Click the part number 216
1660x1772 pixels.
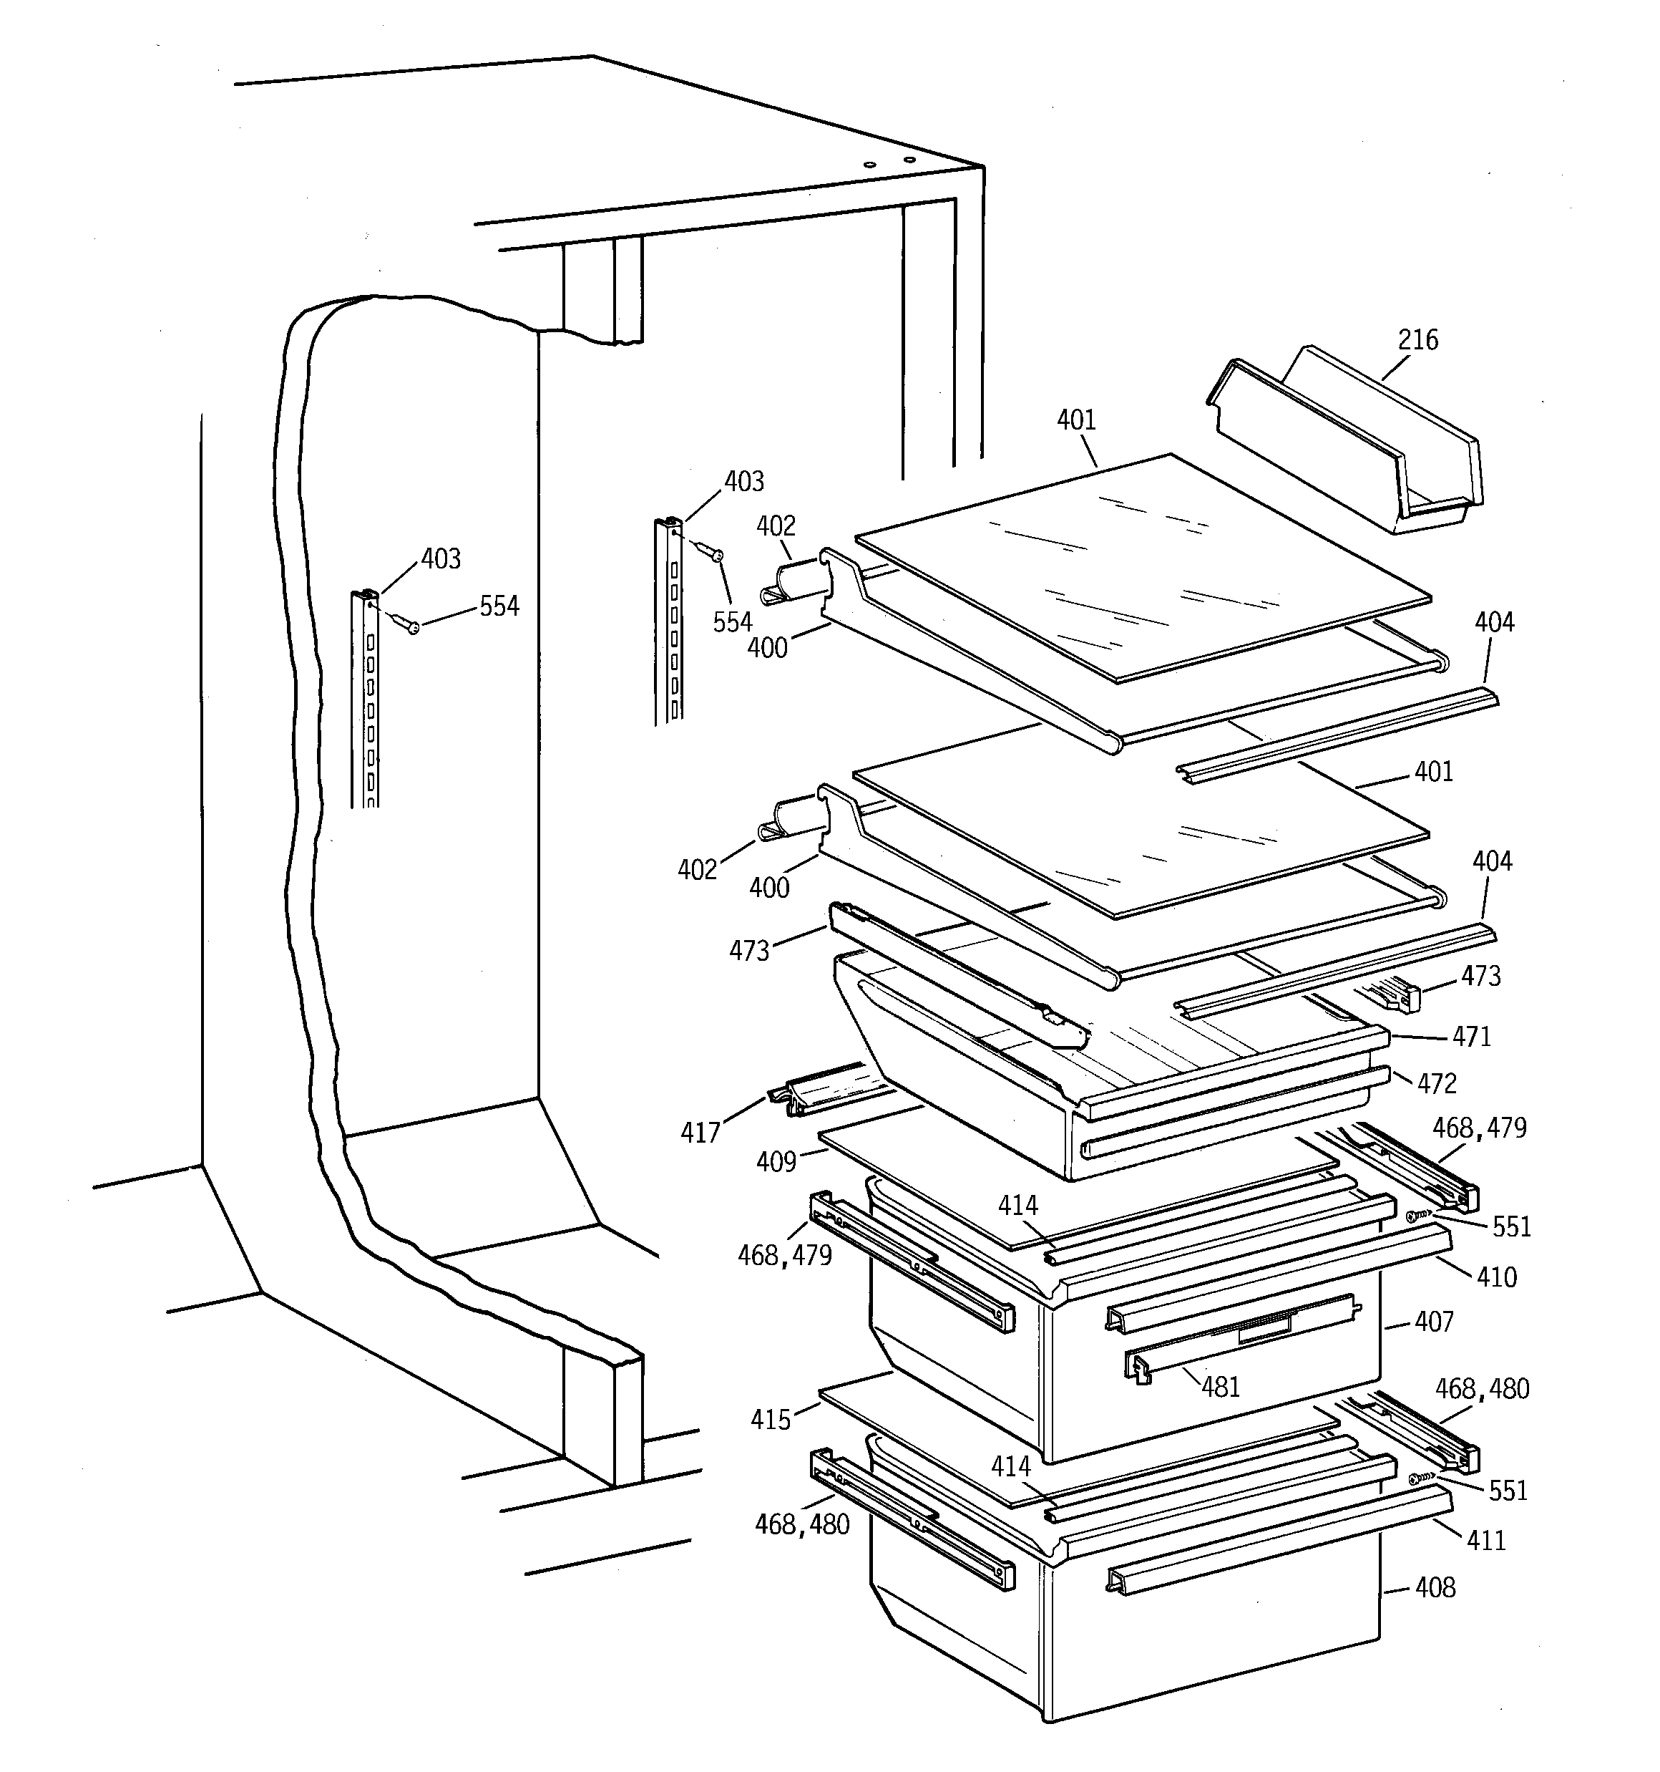(x=1417, y=339)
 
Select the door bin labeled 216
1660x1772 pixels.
(x=1345, y=445)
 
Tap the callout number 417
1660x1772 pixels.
(x=700, y=1133)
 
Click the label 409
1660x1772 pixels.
(x=776, y=1162)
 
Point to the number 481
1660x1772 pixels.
(x=1220, y=1387)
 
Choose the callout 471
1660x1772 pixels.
(x=1471, y=1037)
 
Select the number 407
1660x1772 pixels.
(x=1434, y=1322)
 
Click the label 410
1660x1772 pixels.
(x=1497, y=1277)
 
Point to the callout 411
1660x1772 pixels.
(x=1486, y=1540)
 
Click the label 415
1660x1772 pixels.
(x=771, y=1420)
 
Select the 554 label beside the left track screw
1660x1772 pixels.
(x=499, y=607)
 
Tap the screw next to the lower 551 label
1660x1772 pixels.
(x=1417, y=1478)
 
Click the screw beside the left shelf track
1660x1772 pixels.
(x=406, y=623)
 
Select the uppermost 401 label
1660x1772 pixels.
(x=1076, y=420)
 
